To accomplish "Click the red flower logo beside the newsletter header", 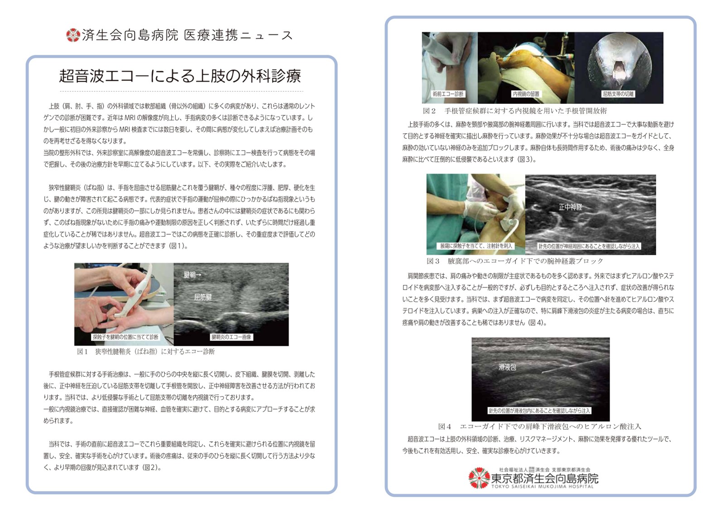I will pos(72,35).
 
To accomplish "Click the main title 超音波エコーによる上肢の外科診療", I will pos(180,76).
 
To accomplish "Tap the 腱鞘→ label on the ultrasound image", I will pos(192,275).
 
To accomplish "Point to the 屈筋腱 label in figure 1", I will pos(202,297).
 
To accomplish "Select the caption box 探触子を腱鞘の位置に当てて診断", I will pos(125,337).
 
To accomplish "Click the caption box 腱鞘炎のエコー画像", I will pos(231,337).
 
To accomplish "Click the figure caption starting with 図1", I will pos(146,352).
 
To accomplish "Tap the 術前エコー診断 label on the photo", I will pos(448,94).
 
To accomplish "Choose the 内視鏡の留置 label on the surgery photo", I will pos(526,94).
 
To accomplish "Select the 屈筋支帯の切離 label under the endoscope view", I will pos(619,94).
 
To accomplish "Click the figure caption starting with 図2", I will pos(514,111).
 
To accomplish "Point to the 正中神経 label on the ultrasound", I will pos(570,207).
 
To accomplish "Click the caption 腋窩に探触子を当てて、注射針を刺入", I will pos(476,246).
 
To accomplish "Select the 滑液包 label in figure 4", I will pos(507,368).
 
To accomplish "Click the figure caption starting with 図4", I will pos(539,427).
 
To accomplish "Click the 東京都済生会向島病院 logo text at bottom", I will pos(544,478).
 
